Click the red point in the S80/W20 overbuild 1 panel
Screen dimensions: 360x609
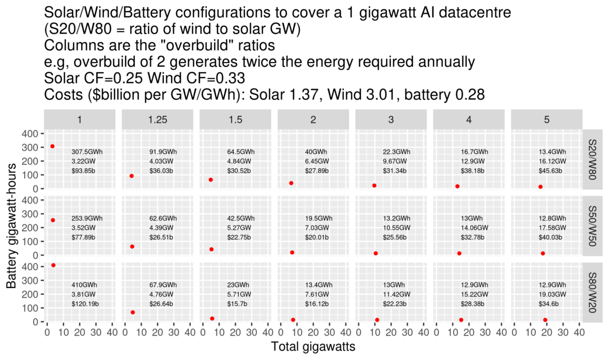click(53, 265)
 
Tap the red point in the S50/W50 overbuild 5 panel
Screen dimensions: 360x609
click(543, 253)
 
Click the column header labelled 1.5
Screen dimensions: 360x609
click(235, 120)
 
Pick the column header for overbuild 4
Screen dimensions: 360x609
click(469, 120)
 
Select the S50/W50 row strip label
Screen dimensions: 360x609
click(592, 226)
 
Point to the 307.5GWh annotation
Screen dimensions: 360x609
click(87, 152)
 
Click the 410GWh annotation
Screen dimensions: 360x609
click(82, 285)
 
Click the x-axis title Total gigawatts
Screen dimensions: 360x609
click(313, 347)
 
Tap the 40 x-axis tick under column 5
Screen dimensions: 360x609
click(578, 333)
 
